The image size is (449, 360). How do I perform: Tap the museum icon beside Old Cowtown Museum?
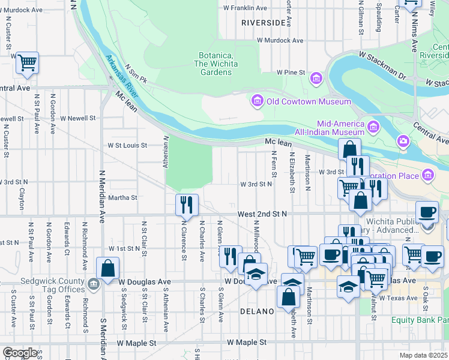pos(258,101)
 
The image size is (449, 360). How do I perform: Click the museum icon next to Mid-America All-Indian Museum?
pos(373,126)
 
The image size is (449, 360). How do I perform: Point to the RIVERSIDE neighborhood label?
pos(263,22)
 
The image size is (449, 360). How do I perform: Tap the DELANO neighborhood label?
pos(257,311)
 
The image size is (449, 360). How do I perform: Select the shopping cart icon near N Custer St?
pos(27,62)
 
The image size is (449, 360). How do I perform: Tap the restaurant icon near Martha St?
pos(187,205)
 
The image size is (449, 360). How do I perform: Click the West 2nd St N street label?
pos(262,214)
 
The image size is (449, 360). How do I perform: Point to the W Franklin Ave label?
pos(245,8)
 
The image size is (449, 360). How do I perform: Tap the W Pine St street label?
pos(290,72)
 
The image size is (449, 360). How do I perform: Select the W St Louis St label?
pos(127,145)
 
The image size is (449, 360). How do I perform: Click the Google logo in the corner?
pos(20,352)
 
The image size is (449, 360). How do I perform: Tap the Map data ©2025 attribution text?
pos(424,355)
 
